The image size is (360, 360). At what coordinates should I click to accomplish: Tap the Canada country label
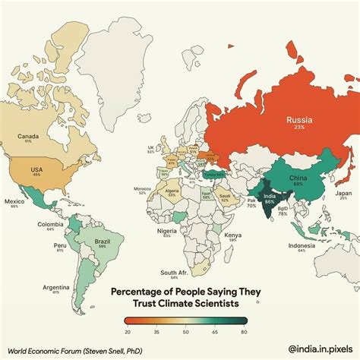(29, 137)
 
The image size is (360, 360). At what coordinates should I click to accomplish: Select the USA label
(35, 169)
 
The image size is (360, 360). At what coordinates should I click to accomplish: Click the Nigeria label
(167, 230)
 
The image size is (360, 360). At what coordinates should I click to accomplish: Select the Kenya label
(233, 235)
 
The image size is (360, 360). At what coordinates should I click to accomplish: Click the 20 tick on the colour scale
(127, 332)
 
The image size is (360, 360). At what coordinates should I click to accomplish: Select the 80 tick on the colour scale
(243, 332)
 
